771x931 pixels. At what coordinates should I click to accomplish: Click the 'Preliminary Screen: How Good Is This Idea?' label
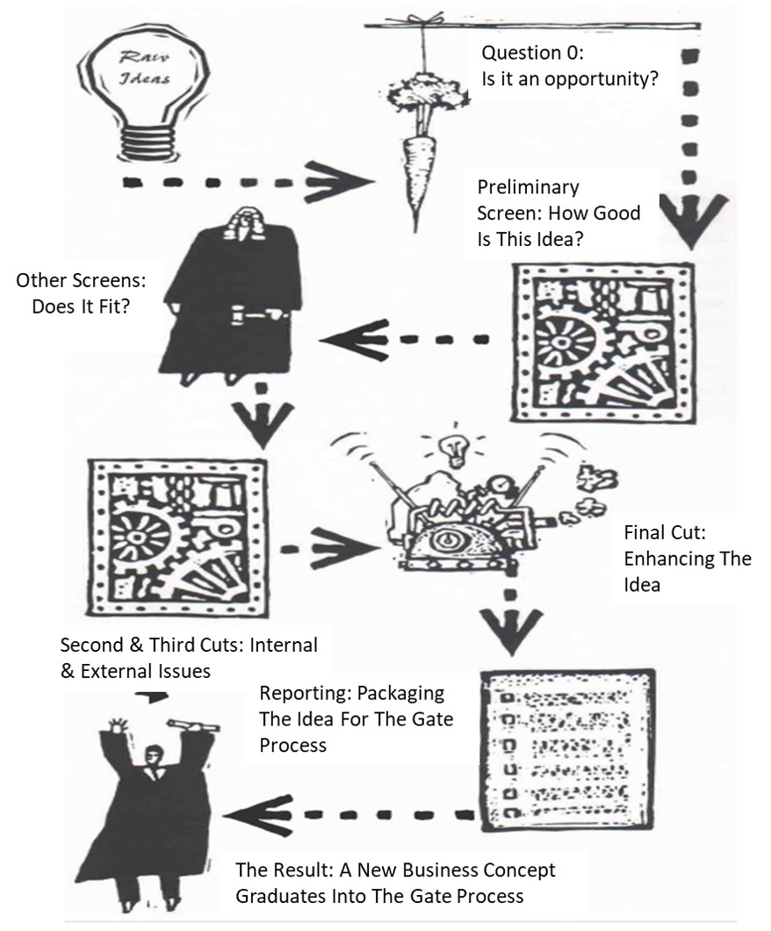(x=558, y=213)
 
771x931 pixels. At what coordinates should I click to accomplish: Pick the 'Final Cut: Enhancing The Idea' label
(x=687, y=559)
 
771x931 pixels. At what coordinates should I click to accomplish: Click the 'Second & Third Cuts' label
(x=188, y=657)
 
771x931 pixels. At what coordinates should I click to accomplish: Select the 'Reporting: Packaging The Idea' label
(x=355, y=719)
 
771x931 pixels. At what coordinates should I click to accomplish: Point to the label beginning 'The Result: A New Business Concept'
(x=394, y=883)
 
